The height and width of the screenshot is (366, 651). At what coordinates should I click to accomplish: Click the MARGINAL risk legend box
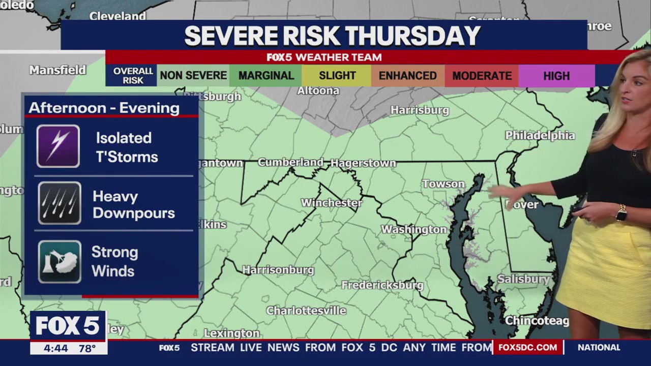265,76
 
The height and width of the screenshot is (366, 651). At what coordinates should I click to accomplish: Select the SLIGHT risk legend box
337,76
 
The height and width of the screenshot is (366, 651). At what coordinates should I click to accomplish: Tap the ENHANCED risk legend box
407,76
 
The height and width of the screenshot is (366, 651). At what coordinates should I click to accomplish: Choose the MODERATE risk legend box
482,76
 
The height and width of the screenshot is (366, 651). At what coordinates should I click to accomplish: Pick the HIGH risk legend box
556,76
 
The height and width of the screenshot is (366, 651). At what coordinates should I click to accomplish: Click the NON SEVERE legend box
193,76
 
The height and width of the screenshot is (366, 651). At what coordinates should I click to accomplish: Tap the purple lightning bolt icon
58,146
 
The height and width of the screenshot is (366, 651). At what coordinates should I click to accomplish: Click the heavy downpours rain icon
60,203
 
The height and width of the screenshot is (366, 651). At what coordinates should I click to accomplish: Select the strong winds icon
60,261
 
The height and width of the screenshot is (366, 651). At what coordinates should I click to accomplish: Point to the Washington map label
413,230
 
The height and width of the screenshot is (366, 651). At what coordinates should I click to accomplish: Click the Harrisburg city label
420,110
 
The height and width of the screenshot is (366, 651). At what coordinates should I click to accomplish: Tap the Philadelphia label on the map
540,136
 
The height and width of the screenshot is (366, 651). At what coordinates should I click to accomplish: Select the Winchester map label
332,203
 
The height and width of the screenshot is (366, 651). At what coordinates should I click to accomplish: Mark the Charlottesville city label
306,311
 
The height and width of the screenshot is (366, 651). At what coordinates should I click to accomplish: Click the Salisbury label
523,279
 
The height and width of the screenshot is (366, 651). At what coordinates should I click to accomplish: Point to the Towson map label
443,184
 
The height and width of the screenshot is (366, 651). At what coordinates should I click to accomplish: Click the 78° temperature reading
87,348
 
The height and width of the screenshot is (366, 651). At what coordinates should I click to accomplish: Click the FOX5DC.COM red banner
527,347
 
